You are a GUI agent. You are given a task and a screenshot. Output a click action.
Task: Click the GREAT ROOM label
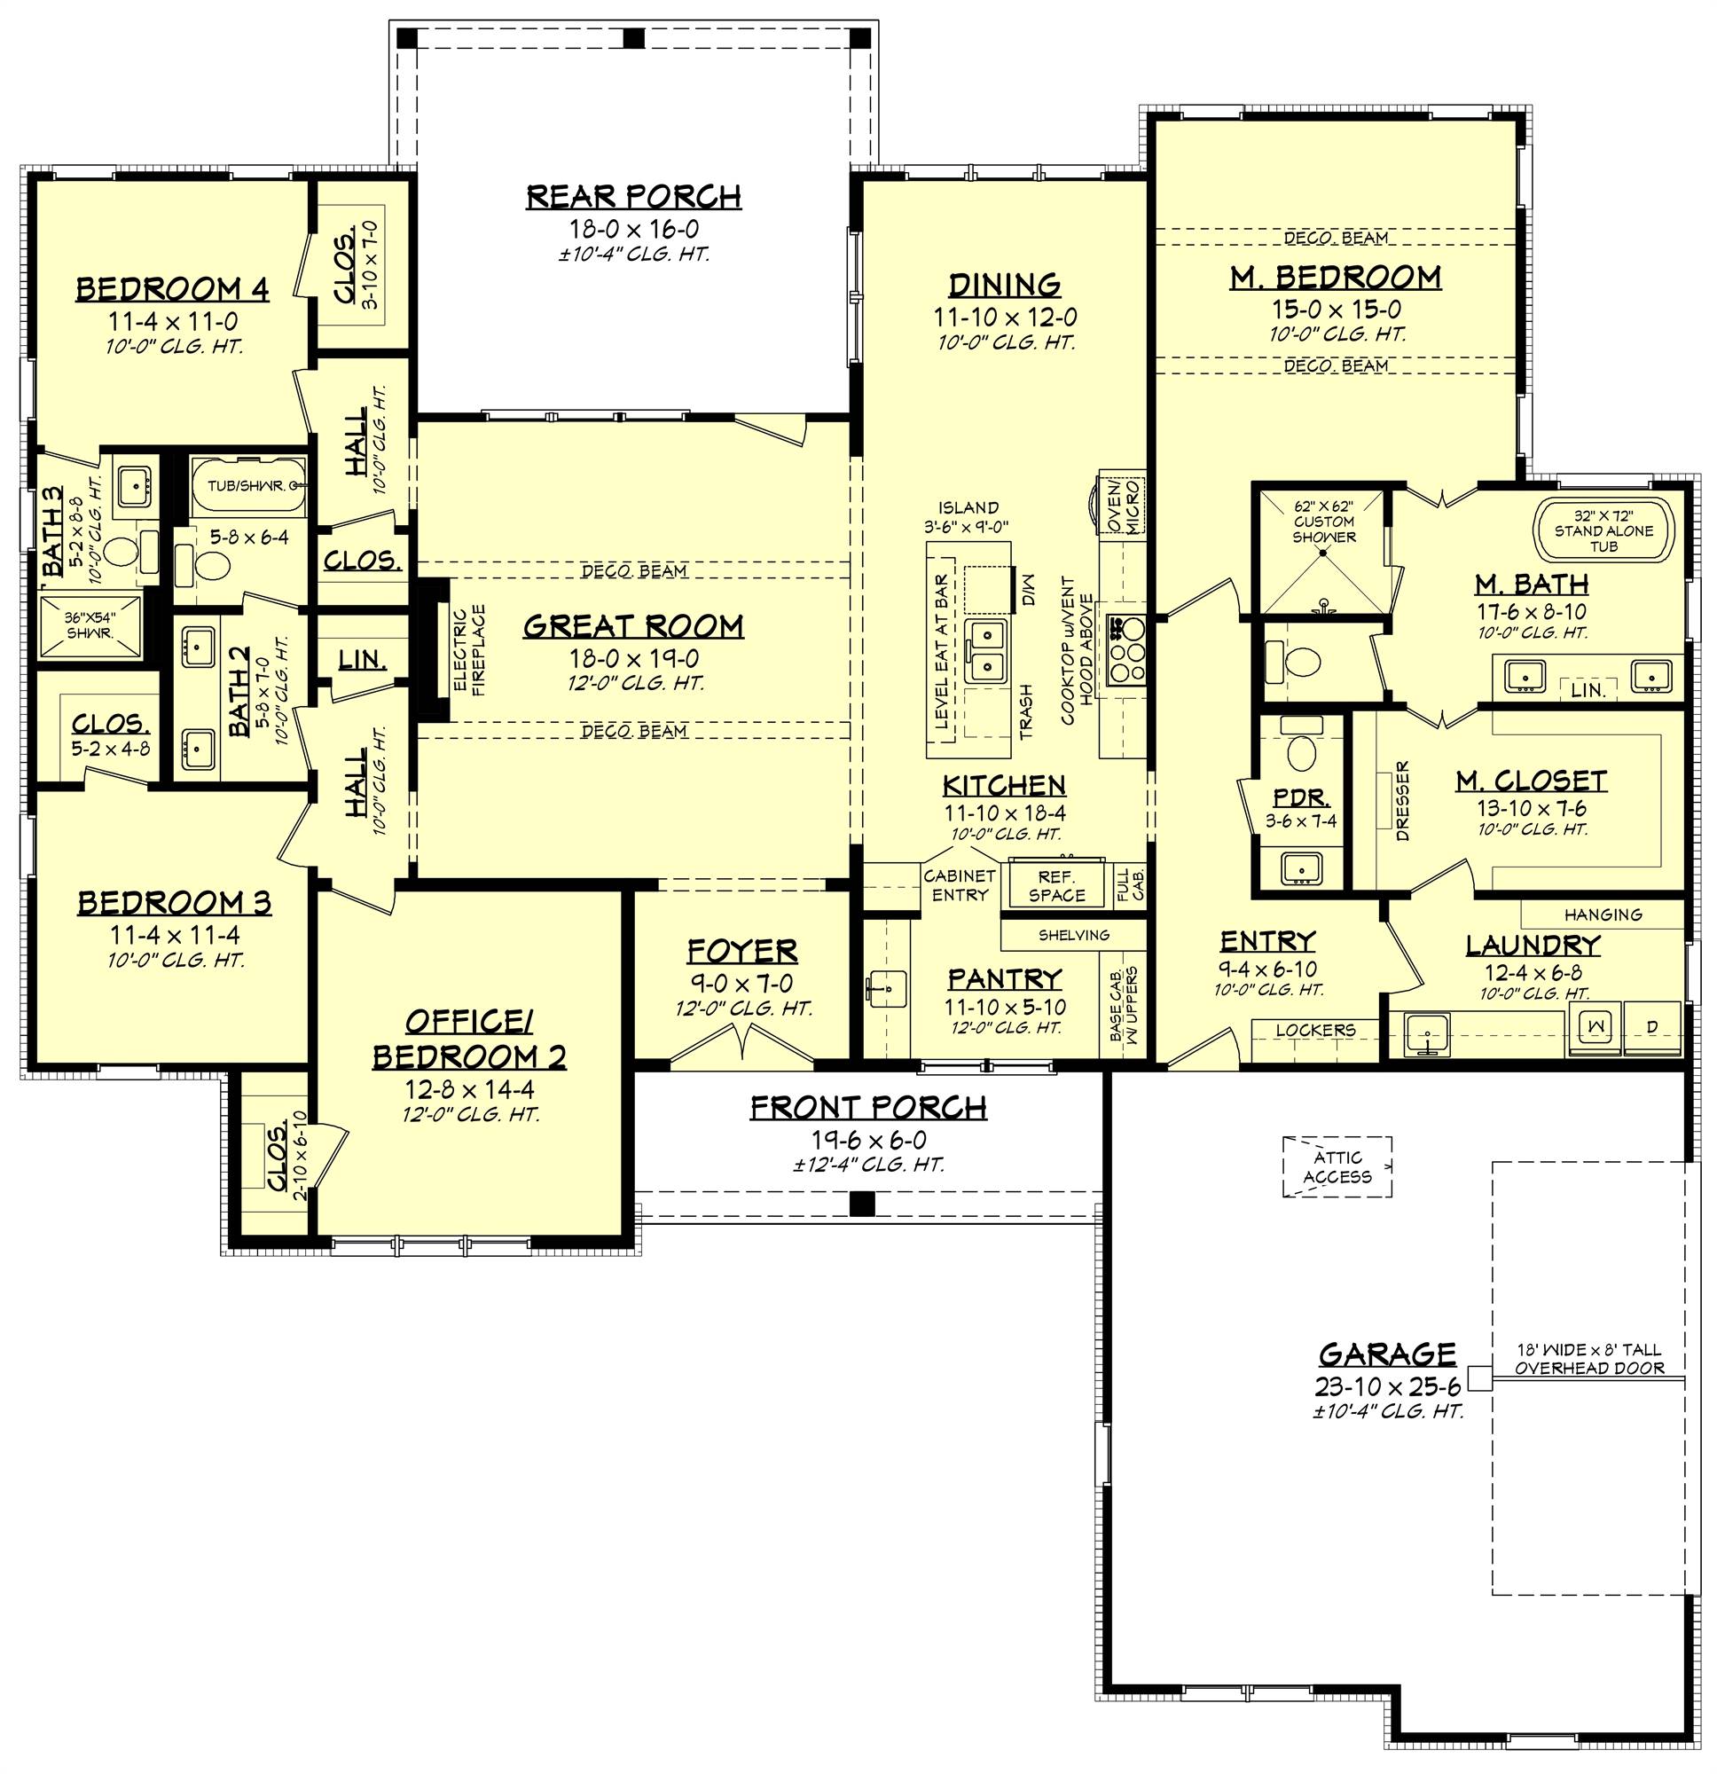(x=632, y=626)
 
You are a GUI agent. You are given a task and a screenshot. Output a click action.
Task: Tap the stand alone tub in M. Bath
(x=1603, y=531)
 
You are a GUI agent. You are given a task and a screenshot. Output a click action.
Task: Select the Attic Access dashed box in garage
(x=1337, y=1167)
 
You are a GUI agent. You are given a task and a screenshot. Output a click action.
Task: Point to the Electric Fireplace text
(x=471, y=650)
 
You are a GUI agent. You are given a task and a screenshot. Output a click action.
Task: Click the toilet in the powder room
(x=1302, y=750)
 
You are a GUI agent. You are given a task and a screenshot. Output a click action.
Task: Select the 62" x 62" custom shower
(x=1323, y=552)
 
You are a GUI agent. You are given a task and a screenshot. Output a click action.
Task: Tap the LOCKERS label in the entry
(x=1314, y=1030)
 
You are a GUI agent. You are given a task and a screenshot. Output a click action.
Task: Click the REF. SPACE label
(x=1056, y=886)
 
